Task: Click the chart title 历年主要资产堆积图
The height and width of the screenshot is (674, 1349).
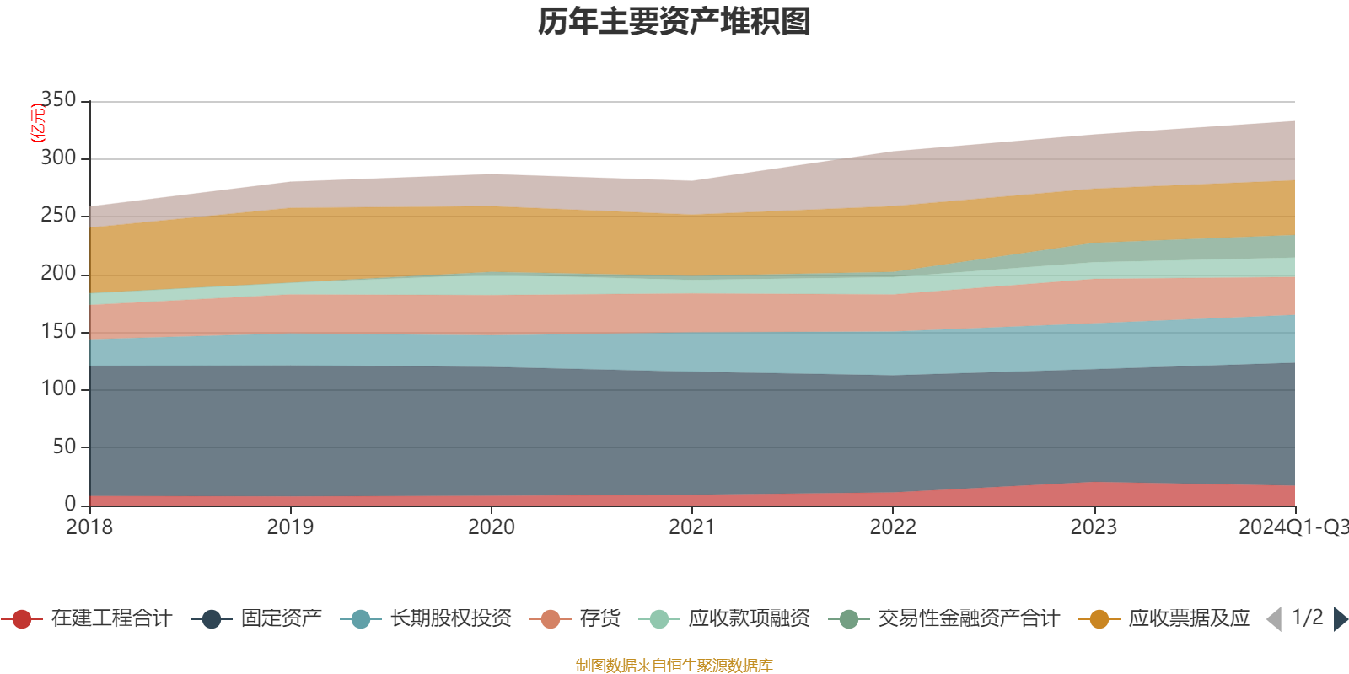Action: click(x=674, y=22)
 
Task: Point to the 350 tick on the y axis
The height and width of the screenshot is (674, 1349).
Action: click(x=58, y=99)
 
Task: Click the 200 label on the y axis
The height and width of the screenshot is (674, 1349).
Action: click(x=58, y=273)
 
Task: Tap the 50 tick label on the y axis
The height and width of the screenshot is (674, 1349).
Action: click(x=64, y=447)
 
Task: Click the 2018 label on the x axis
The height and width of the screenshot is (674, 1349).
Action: click(x=89, y=527)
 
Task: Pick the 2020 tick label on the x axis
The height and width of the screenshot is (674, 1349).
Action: click(x=492, y=527)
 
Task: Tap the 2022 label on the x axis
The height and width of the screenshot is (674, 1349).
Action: click(x=893, y=527)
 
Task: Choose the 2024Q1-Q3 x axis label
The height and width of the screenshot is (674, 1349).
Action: click(x=1293, y=527)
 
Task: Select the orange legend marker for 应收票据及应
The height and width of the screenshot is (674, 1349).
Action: click(x=1099, y=619)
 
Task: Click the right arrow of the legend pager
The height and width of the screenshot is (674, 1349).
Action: click(x=1341, y=619)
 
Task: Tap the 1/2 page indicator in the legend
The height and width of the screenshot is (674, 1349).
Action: click(x=1307, y=618)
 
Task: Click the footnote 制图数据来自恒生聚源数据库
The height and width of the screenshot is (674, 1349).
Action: click(x=674, y=666)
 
